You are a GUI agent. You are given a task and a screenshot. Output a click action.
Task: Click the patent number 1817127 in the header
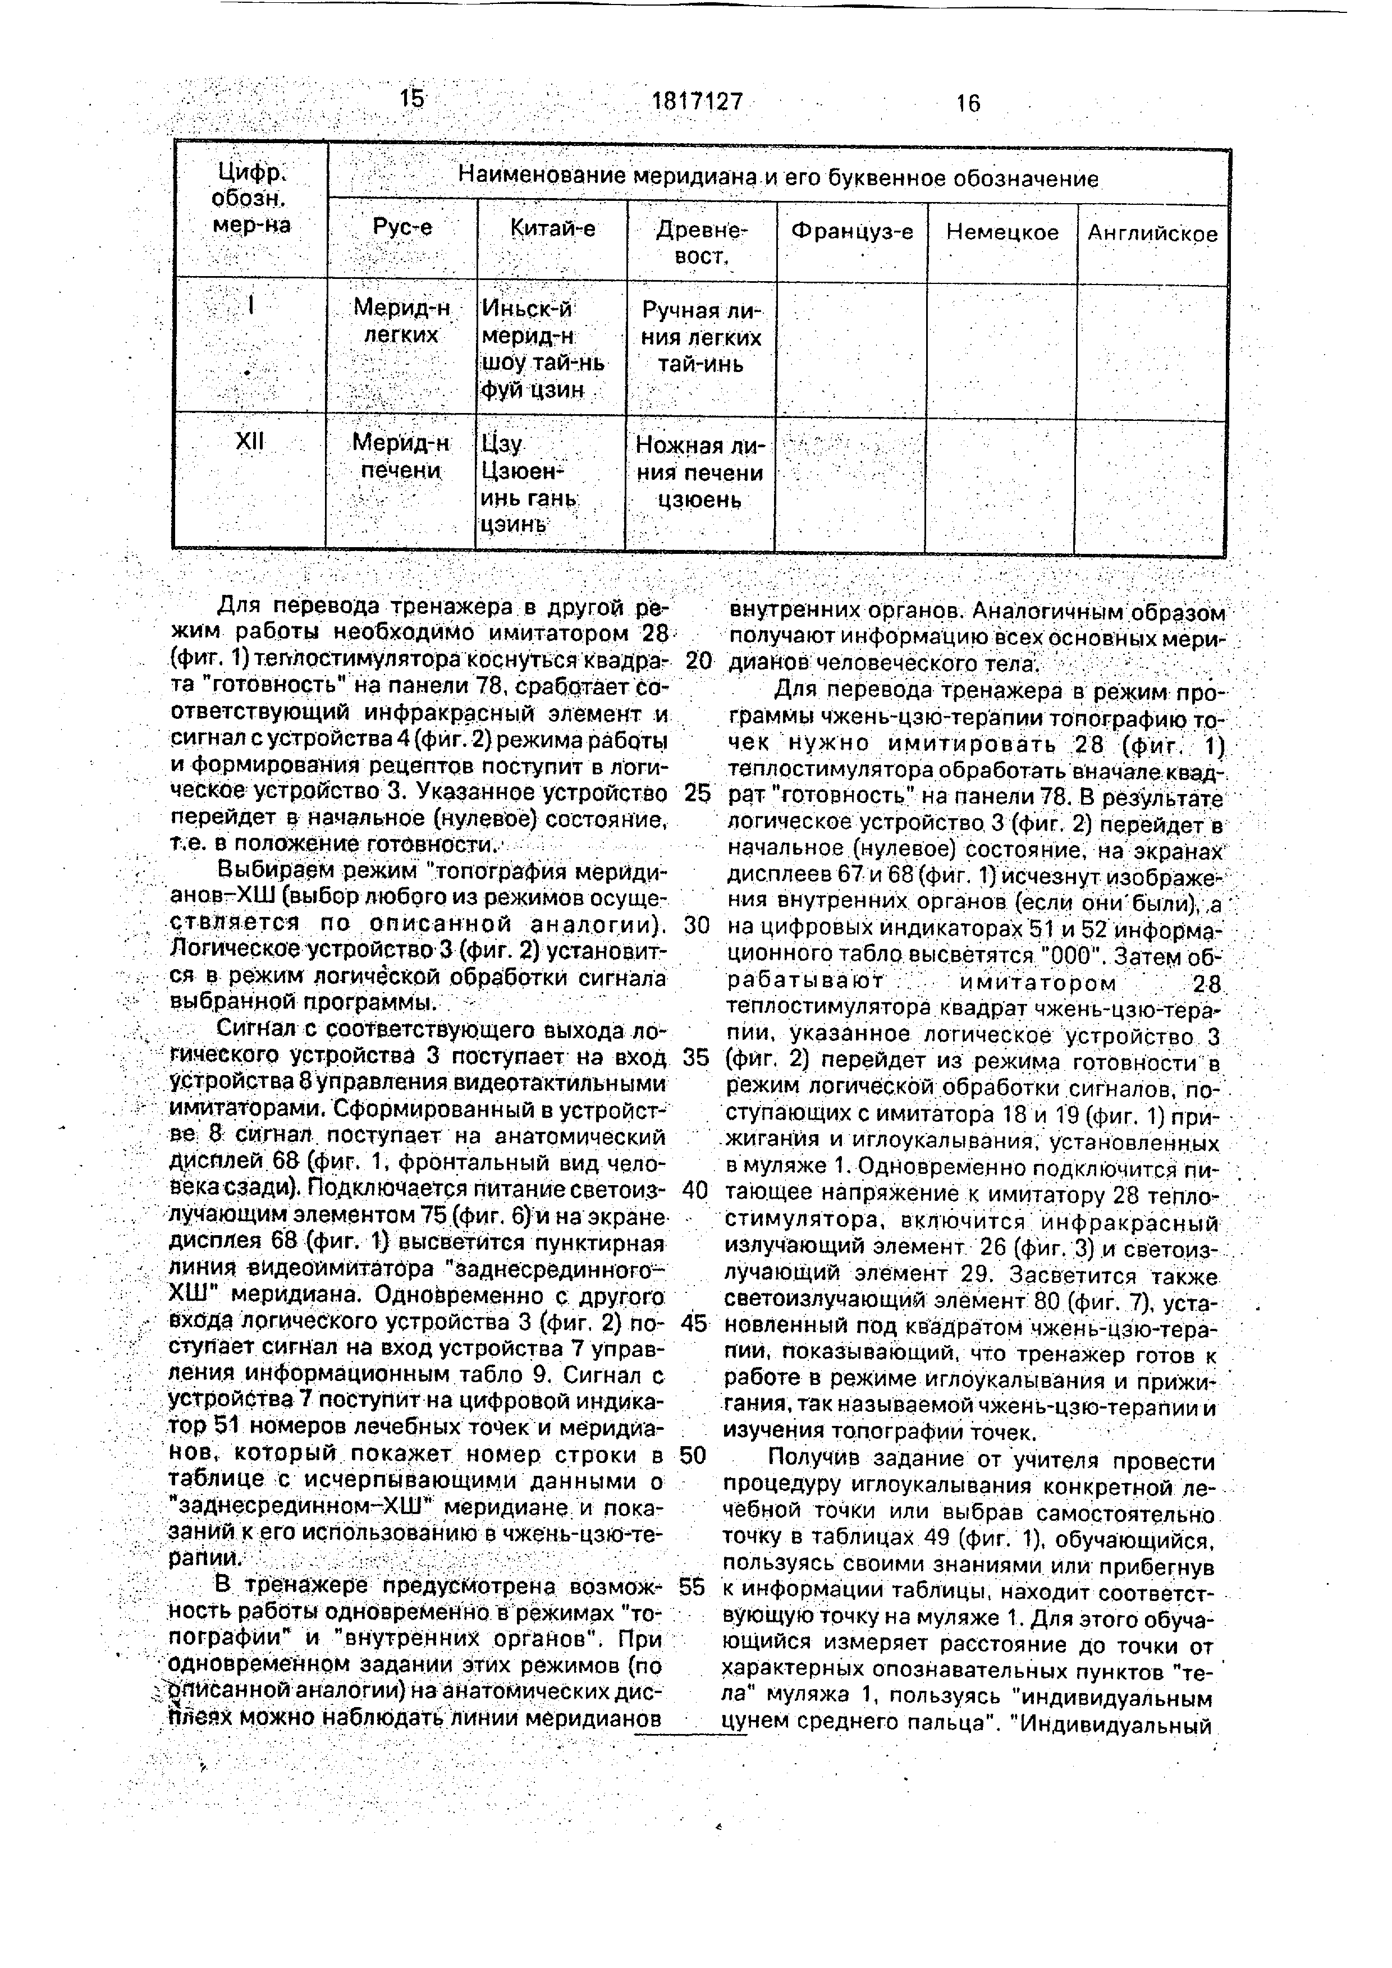pyautogui.click(x=697, y=102)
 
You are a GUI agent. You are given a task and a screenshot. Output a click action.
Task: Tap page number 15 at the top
pyautogui.click(x=411, y=99)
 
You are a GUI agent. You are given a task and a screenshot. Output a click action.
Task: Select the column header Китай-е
pyautogui.click(x=552, y=229)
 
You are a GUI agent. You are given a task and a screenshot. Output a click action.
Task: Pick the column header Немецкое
pyautogui.click(x=1002, y=232)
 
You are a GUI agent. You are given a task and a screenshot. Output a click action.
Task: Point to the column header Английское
pyautogui.click(x=1152, y=234)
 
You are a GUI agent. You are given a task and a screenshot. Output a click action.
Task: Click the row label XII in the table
pyautogui.click(x=249, y=442)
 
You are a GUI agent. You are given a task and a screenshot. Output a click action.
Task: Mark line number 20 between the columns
pyautogui.click(x=699, y=662)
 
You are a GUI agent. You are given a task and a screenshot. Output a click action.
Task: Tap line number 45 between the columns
pyautogui.click(x=694, y=1323)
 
